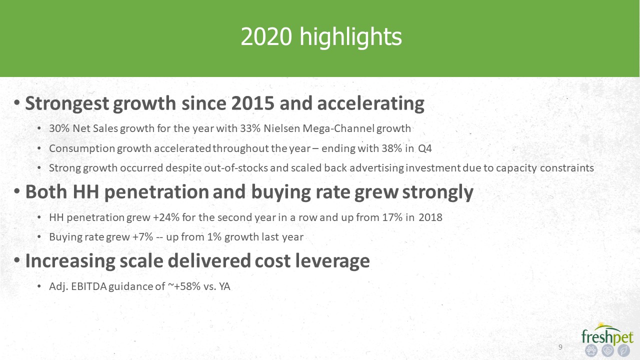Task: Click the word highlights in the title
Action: point(351,37)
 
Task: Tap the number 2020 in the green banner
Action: point(266,36)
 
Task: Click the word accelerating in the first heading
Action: point(370,104)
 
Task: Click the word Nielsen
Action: point(281,128)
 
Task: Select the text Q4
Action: point(425,148)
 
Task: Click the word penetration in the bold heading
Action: point(156,192)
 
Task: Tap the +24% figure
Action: point(166,217)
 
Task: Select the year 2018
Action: point(430,217)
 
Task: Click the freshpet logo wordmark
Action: point(607,337)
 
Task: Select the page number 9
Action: point(560,347)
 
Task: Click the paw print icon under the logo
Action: point(591,350)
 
